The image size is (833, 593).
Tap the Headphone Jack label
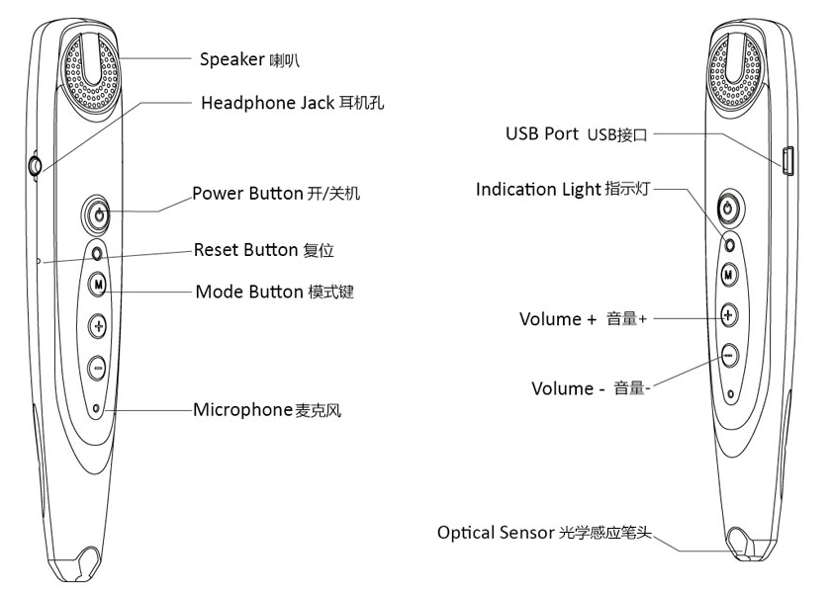pyautogui.click(x=283, y=103)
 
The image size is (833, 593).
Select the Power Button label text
pyautogui.click(x=276, y=193)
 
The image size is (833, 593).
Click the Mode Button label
pyautogui.click(x=274, y=292)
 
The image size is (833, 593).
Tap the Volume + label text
pyautogui.click(x=583, y=319)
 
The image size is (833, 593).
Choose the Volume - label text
pyautogui.click(x=591, y=388)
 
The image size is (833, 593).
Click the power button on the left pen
pyautogui.click(x=98, y=212)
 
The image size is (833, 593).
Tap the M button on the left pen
pyautogui.click(x=98, y=285)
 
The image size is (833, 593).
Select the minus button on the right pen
pyautogui.click(x=729, y=354)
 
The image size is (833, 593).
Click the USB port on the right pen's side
pyautogui.click(x=788, y=159)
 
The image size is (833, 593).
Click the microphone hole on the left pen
pyautogui.click(x=96, y=407)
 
